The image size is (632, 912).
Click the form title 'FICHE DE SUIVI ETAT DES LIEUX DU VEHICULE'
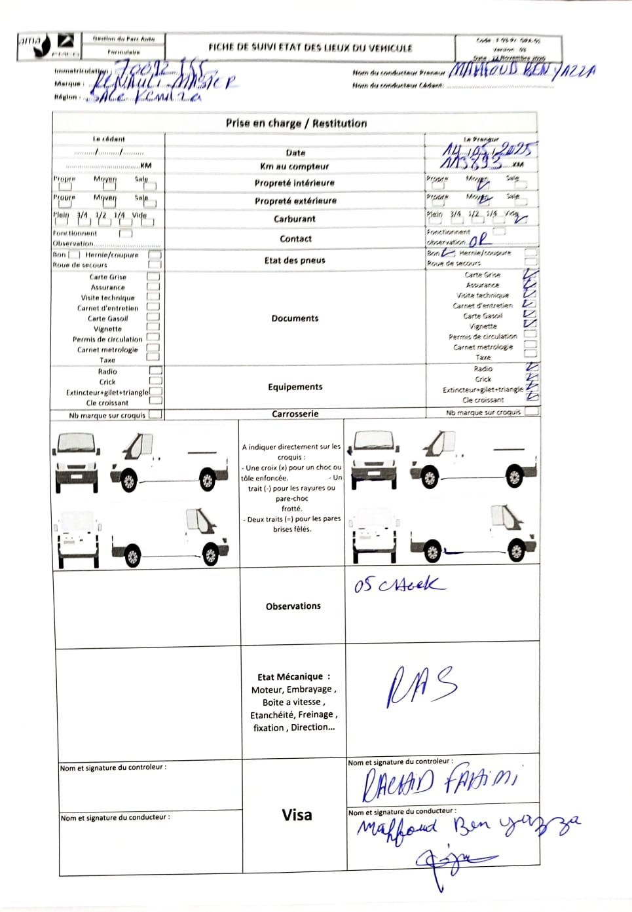click(310, 48)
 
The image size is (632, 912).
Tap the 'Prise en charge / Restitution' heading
click(296, 123)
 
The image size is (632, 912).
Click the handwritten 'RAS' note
click(422, 687)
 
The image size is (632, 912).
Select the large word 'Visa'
click(297, 815)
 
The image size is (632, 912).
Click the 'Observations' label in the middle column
click(293, 606)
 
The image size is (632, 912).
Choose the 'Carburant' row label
click(295, 219)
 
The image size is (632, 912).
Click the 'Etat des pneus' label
click(295, 260)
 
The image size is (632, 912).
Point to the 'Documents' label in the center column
click(295, 318)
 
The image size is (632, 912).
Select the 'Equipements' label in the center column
click(295, 387)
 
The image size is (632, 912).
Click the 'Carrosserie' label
click(295, 414)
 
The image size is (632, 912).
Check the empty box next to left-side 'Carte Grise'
click(153, 277)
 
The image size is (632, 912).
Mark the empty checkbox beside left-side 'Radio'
click(156, 371)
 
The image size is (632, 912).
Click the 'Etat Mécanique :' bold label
click(293, 677)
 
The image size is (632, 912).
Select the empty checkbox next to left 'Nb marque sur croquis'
click(155, 414)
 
